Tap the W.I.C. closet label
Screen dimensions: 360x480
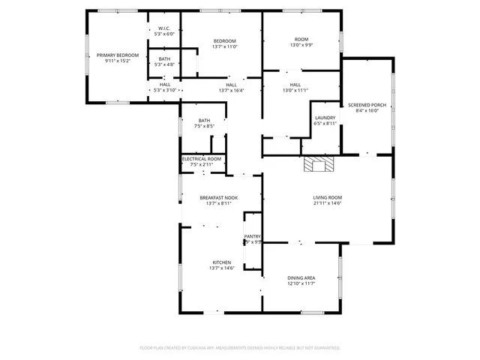coord(164,31)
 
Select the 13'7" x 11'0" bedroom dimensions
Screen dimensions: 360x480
coord(224,47)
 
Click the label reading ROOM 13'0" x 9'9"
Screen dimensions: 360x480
coord(301,42)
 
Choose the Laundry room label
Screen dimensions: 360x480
coord(325,121)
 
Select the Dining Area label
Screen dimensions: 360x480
coord(301,280)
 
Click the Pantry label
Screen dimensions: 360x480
coord(252,238)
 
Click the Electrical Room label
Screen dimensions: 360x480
coord(202,161)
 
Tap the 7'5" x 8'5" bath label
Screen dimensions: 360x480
coord(204,123)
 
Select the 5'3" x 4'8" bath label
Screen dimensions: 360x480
coord(164,61)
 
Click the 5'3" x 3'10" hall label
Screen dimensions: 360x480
coord(164,87)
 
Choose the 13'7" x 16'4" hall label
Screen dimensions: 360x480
coord(231,88)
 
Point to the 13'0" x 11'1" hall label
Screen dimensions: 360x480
coord(295,88)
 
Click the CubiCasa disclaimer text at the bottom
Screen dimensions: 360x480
coord(240,347)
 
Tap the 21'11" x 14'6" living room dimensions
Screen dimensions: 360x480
coord(327,203)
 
